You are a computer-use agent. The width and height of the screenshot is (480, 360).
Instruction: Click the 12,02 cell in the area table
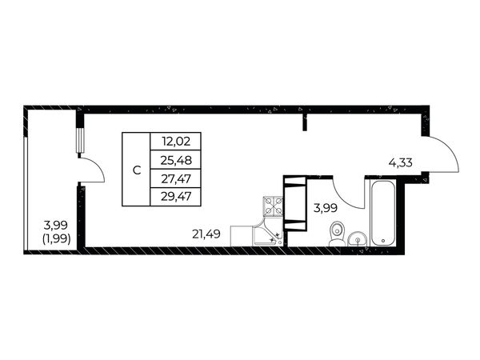(x=176, y=142)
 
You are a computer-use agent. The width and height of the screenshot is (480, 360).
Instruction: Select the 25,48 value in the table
(x=176, y=160)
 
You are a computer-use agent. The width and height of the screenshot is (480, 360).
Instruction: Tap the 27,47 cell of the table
(x=176, y=178)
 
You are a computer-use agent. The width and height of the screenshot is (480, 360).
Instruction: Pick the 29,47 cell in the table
(x=176, y=197)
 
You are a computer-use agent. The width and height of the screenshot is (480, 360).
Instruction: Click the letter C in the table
(x=137, y=170)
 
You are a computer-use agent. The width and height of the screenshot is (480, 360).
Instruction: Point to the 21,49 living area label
(x=206, y=234)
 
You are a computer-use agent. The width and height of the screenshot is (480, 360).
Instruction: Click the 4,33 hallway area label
(x=401, y=162)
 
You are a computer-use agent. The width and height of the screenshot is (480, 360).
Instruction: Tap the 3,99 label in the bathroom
(x=326, y=208)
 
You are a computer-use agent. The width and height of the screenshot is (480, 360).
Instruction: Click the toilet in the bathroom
(x=337, y=234)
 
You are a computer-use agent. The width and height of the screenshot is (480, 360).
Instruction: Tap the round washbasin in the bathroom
(x=358, y=238)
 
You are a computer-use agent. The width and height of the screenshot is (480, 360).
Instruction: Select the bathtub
(x=383, y=213)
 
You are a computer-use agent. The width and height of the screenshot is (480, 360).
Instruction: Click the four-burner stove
(x=274, y=206)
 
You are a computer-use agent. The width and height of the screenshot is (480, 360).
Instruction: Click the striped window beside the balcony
(x=80, y=140)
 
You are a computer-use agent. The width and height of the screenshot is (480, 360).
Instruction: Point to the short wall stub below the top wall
(x=305, y=122)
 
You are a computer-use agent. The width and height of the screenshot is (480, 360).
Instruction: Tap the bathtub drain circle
(x=383, y=241)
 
